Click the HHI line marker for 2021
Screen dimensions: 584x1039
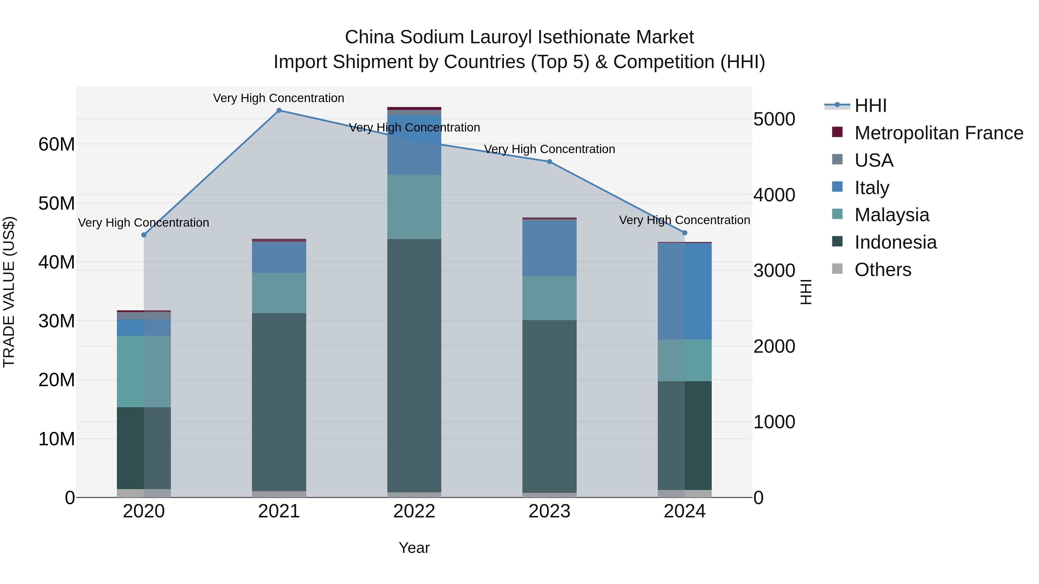(x=279, y=110)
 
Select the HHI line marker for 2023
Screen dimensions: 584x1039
(x=549, y=162)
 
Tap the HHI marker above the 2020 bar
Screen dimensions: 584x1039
(x=144, y=235)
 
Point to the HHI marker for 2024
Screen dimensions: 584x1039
(x=685, y=233)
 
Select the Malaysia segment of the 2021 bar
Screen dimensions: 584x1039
(x=279, y=293)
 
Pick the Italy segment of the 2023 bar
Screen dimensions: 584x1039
(x=549, y=248)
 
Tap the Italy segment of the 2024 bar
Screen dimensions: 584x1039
(x=685, y=291)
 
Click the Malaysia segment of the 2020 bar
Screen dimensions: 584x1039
(x=144, y=371)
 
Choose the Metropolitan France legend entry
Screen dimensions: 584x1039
(x=938, y=133)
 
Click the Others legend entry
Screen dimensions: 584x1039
(x=883, y=270)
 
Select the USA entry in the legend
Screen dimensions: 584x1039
(x=874, y=160)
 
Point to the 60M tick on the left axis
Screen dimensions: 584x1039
(x=57, y=144)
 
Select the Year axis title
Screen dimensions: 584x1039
(x=414, y=548)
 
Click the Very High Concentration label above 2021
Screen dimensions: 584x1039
(x=279, y=98)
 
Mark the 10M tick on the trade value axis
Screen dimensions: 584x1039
(x=57, y=439)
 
